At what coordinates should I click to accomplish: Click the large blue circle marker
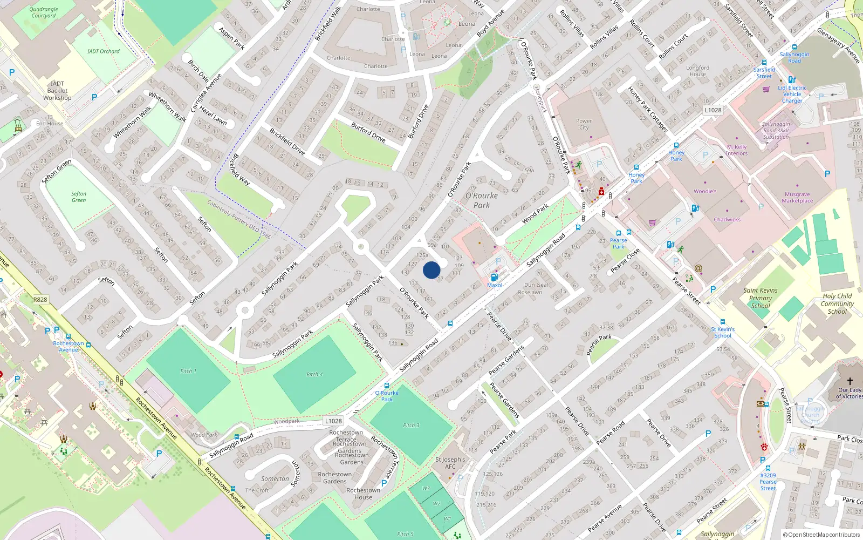[432, 270]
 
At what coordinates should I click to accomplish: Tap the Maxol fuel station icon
[495, 278]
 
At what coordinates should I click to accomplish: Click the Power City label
[584, 124]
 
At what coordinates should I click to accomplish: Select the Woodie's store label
[705, 191]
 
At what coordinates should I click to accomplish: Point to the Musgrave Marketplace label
[797, 198]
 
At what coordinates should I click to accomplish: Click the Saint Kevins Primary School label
[761, 298]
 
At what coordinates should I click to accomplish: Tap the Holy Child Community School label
[837, 303]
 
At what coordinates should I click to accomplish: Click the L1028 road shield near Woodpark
[333, 421]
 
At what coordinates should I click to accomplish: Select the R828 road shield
[40, 299]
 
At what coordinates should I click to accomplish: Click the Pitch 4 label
[314, 374]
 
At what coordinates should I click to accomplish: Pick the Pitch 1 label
[188, 371]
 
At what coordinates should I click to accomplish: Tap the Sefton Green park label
[79, 197]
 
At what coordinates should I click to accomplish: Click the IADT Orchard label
[104, 51]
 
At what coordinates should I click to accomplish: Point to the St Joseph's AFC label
[450, 463]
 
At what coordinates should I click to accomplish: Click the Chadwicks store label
[727, 220]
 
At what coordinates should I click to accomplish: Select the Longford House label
[697, 71]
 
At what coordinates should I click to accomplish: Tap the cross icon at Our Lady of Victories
[850, 381]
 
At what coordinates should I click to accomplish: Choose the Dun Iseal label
[536, 285]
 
